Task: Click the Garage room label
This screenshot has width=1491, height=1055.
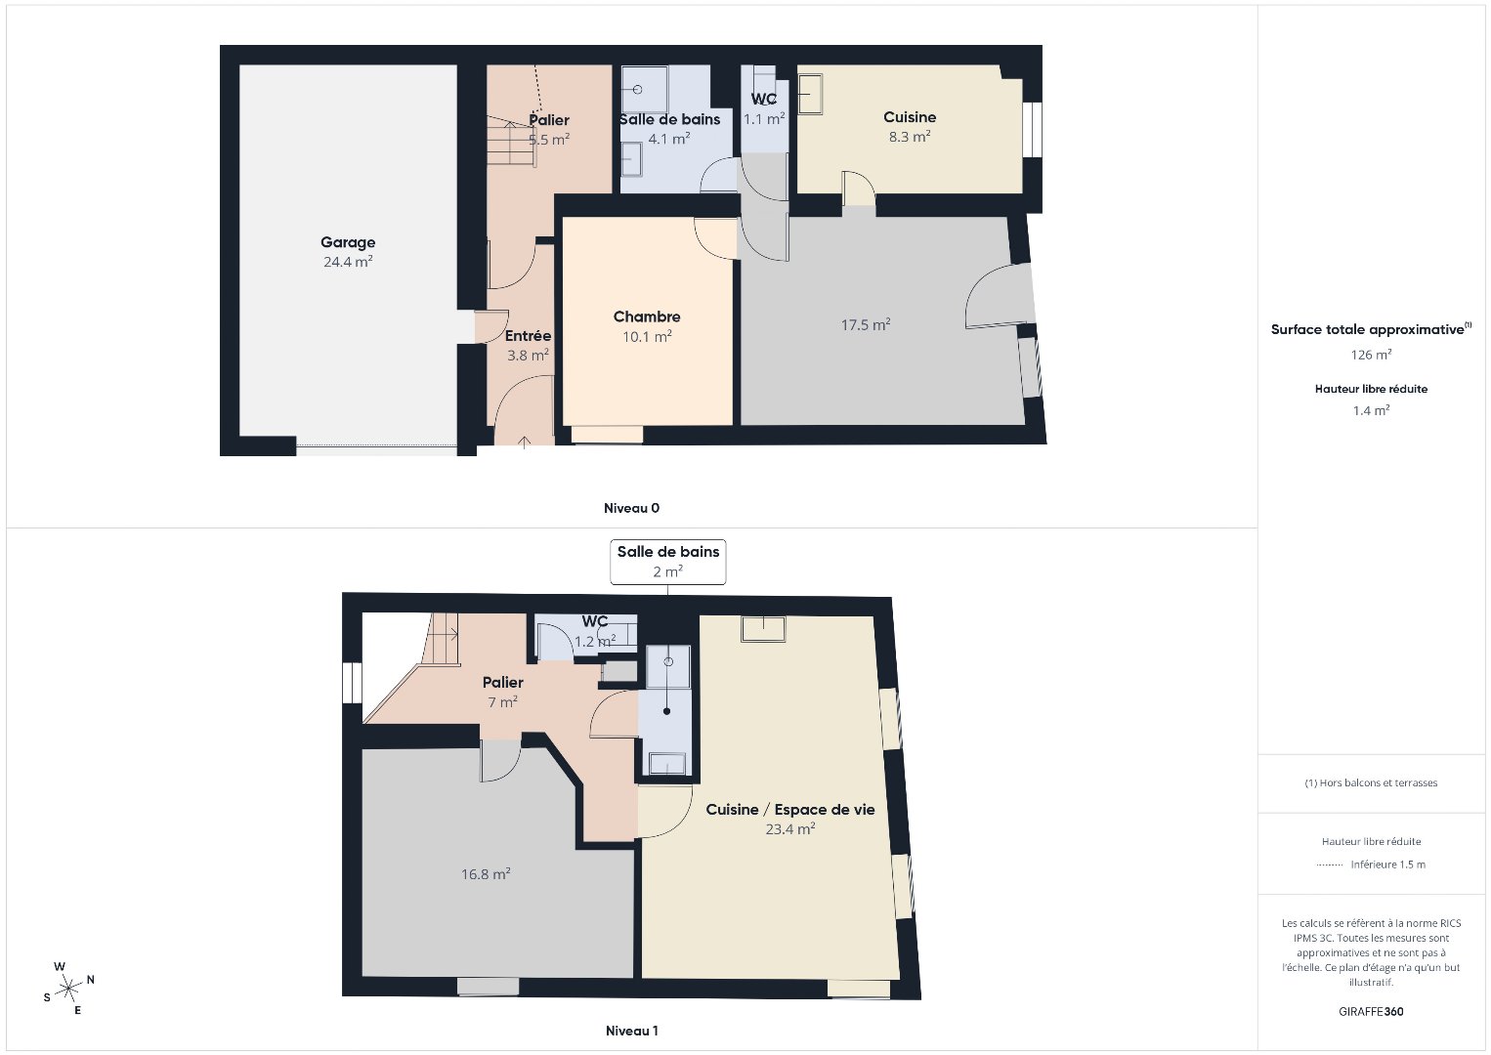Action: pyautogui.click(x=348, y=242)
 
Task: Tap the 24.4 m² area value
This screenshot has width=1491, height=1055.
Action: pyautogui.click(x=348, y=262)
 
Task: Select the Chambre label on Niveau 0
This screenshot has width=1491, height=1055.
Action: pyautogui.click(x=646, y=316)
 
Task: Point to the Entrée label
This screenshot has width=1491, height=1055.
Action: pyautogui.click(x=528, y=335)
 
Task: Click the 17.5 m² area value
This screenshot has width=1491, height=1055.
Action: pyautogui.click(x=866, y=325)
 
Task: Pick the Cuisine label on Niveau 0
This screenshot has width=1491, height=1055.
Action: pyautogui.click(x=910, y=117)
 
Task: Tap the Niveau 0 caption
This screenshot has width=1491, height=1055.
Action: pyautogui.click(x=631, y=508)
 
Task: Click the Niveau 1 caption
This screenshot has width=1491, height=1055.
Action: pyautogui.click(x=632, y=1031)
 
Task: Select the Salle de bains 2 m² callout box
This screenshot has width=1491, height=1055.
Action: pyautogui.click(x=667, y=562)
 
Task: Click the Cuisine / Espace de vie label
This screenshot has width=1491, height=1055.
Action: pyautogui.click(x=790, y=810)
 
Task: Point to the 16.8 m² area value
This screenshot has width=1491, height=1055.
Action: pyautogui.click(x=486, y=874)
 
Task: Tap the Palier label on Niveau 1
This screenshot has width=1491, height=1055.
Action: pyautogui.click(x=502, y=682)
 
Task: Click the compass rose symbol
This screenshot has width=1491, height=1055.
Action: pyautogui.click(x=68, y=989)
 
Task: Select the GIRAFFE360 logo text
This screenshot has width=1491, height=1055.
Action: pyautogui.click(x=1371, y=1012)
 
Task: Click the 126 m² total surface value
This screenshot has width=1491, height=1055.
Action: pyautogui.click(x=1371, y=355)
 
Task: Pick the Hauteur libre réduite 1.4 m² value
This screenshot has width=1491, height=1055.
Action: pyautogui.click(x=1371, y=410)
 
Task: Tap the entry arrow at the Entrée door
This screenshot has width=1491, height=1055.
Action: pyautogui.click(x=524, y=442)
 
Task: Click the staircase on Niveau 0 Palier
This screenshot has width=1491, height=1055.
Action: pyautogui.click(x=511, y=140)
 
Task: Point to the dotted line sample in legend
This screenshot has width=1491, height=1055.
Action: pyautogui.click(x=1330, y=865)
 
